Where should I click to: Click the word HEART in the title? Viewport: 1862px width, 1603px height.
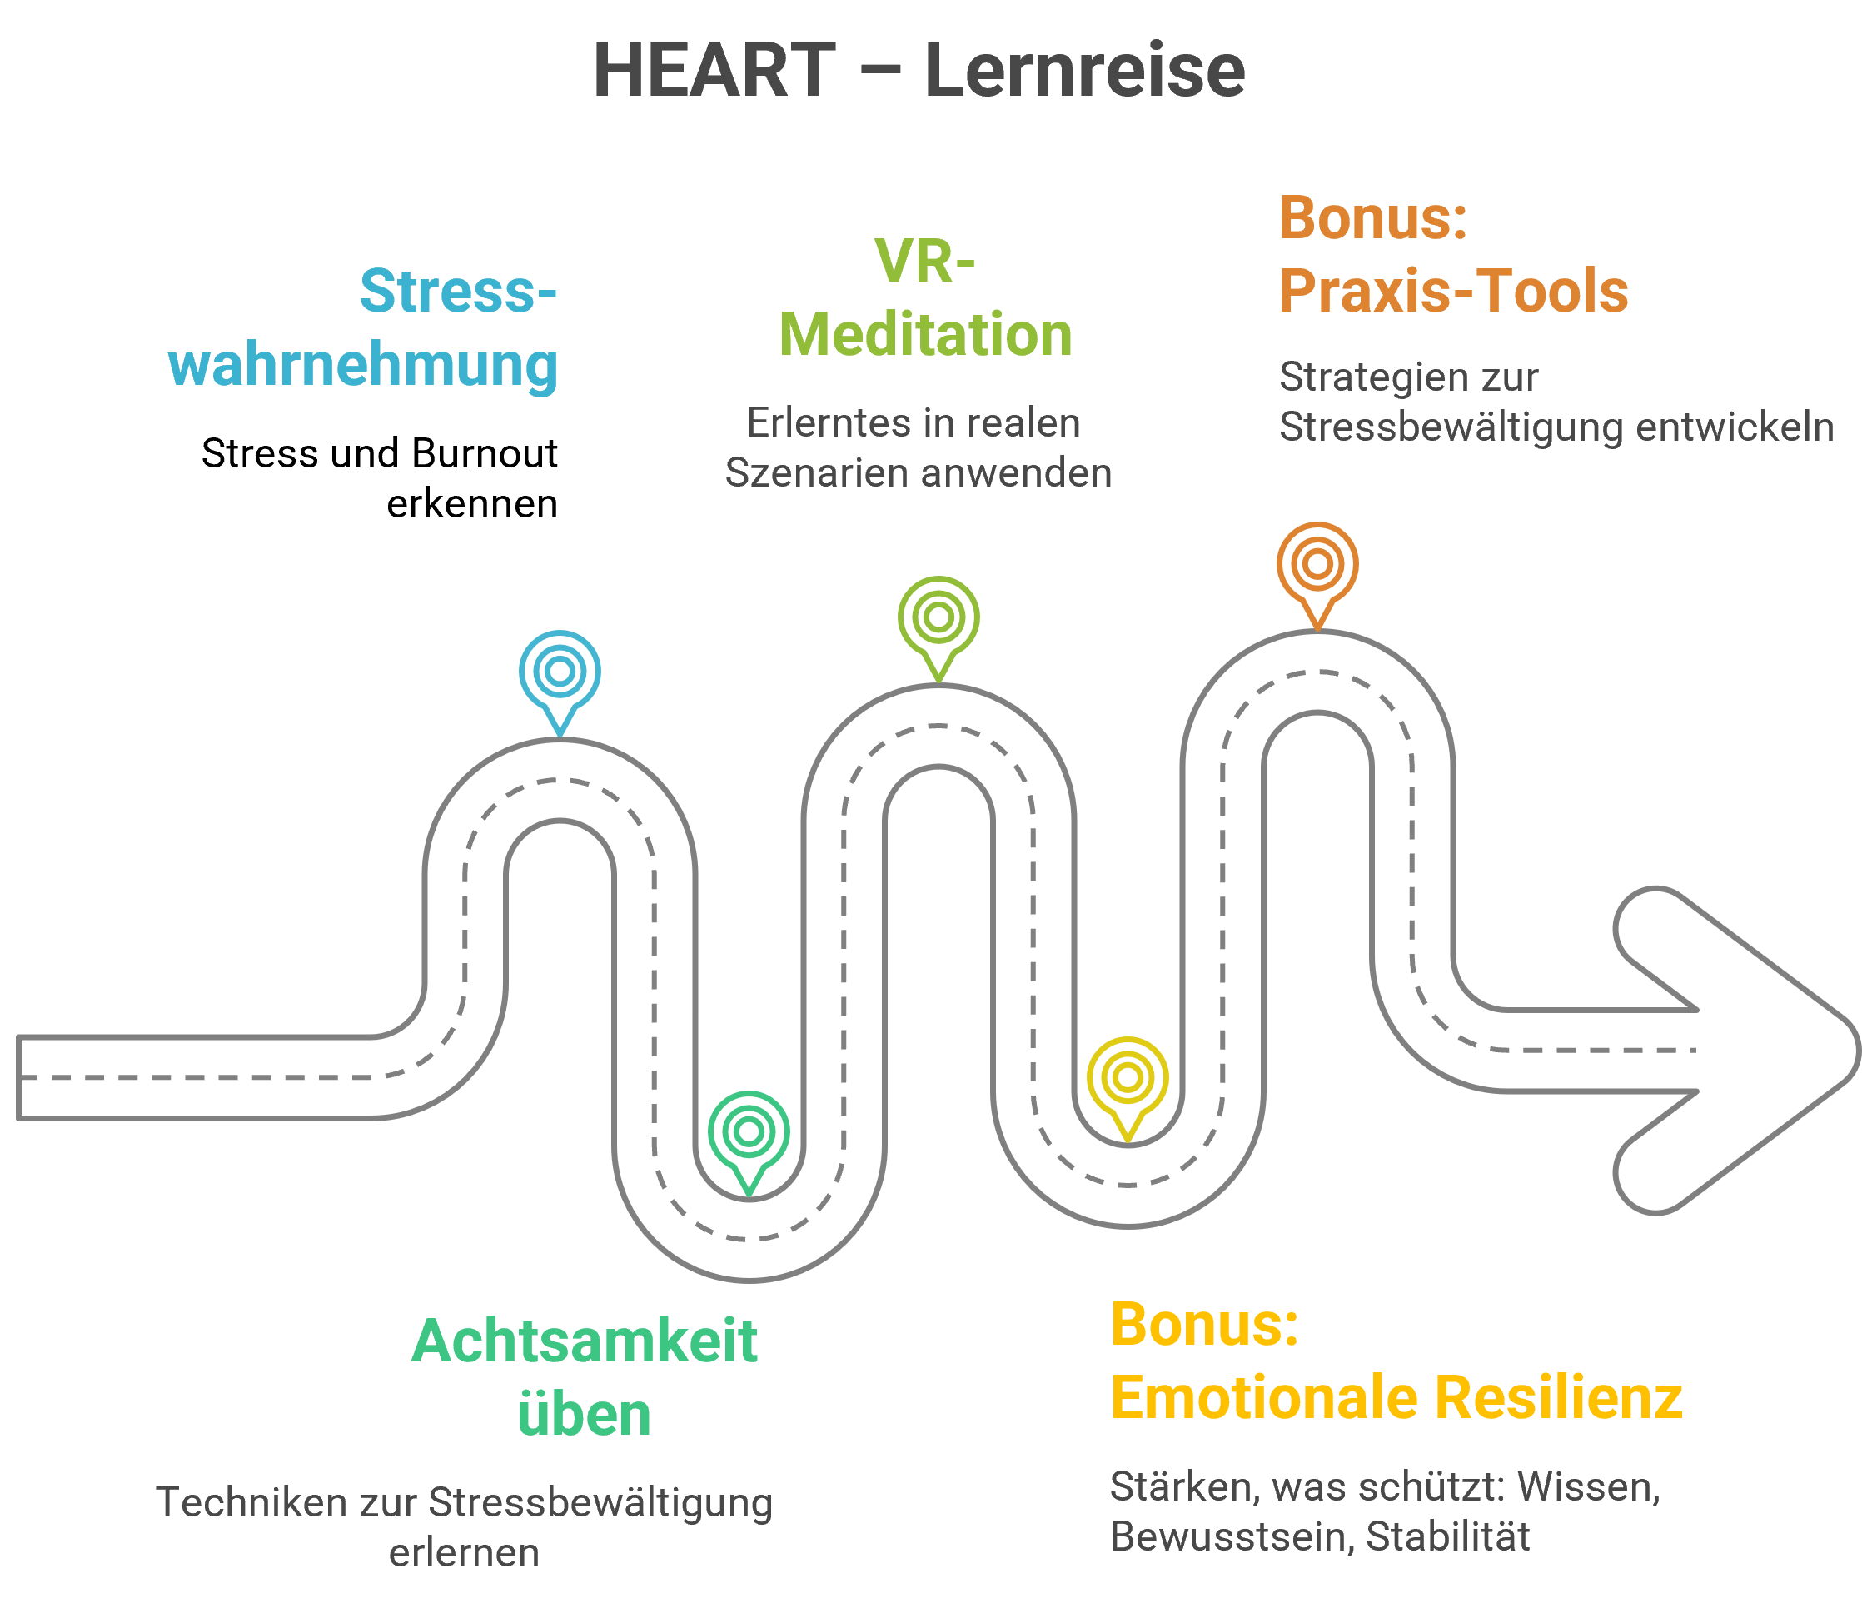pos(714,70)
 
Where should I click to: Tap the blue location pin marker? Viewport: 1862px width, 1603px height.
pos(560,672)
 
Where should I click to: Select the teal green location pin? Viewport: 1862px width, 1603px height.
pos(749,1133)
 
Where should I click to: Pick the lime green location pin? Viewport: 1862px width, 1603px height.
pos(938,618)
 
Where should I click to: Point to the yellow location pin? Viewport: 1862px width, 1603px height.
pos(1128,1079)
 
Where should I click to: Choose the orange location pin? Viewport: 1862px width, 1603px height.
pos(1317,565)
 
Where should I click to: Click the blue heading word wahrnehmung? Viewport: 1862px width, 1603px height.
pos(363,365)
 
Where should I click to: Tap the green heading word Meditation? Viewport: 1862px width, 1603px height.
pos(926,334)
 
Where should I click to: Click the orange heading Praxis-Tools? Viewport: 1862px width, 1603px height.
pos(1453,292)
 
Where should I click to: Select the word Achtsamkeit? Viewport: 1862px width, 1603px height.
pos(584,1341)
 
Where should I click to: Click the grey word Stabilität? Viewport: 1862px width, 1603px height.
pos(1448,1536)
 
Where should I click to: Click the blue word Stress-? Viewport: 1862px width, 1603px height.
pos(458,292)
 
